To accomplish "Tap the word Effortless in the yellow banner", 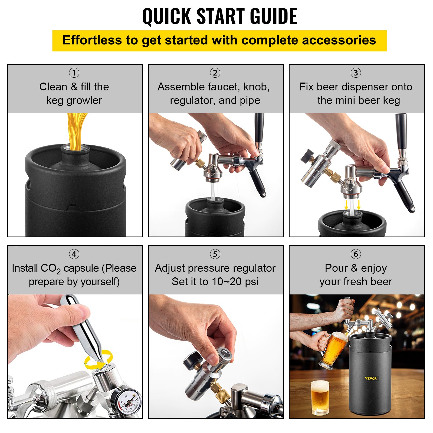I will coord(92,40).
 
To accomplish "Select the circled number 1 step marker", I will coord(74,73).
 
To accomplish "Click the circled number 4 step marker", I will coord(74,254).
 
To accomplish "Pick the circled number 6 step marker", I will coord(356,254).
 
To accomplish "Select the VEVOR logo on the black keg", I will coord(371,378).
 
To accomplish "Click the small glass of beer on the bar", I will coord(320,396).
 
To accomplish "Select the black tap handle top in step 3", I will coord(401,127).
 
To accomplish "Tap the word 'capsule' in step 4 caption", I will coord(81,268).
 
